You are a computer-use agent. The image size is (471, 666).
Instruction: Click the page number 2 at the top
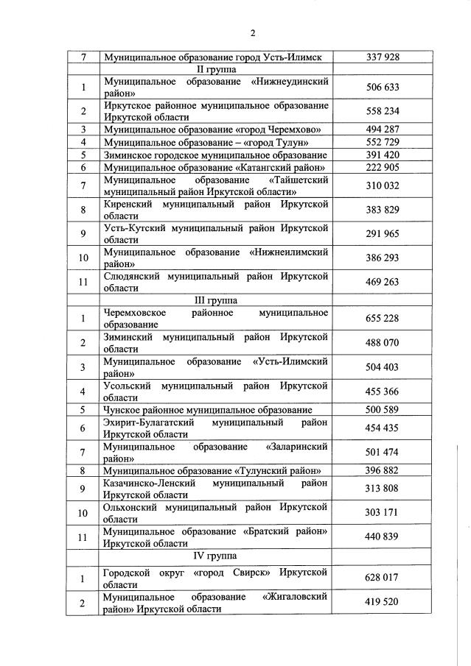point(252,33)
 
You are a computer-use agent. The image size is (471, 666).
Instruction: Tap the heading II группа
point(216,68)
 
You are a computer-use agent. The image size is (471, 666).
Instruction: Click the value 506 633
point(382,87)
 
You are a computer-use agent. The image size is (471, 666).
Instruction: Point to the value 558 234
point(382,111)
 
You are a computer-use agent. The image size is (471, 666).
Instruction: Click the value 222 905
point(382,168)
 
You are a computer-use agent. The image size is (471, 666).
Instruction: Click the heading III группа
point(216,300)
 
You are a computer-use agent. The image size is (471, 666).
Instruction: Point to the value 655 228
point(382,319)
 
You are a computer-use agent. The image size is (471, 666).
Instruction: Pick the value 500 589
point(382,409)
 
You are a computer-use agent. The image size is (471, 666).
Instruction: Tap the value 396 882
point(382,470)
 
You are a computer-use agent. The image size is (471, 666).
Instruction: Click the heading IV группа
point(216,556)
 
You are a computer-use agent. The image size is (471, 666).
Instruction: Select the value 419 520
point(382,601)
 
